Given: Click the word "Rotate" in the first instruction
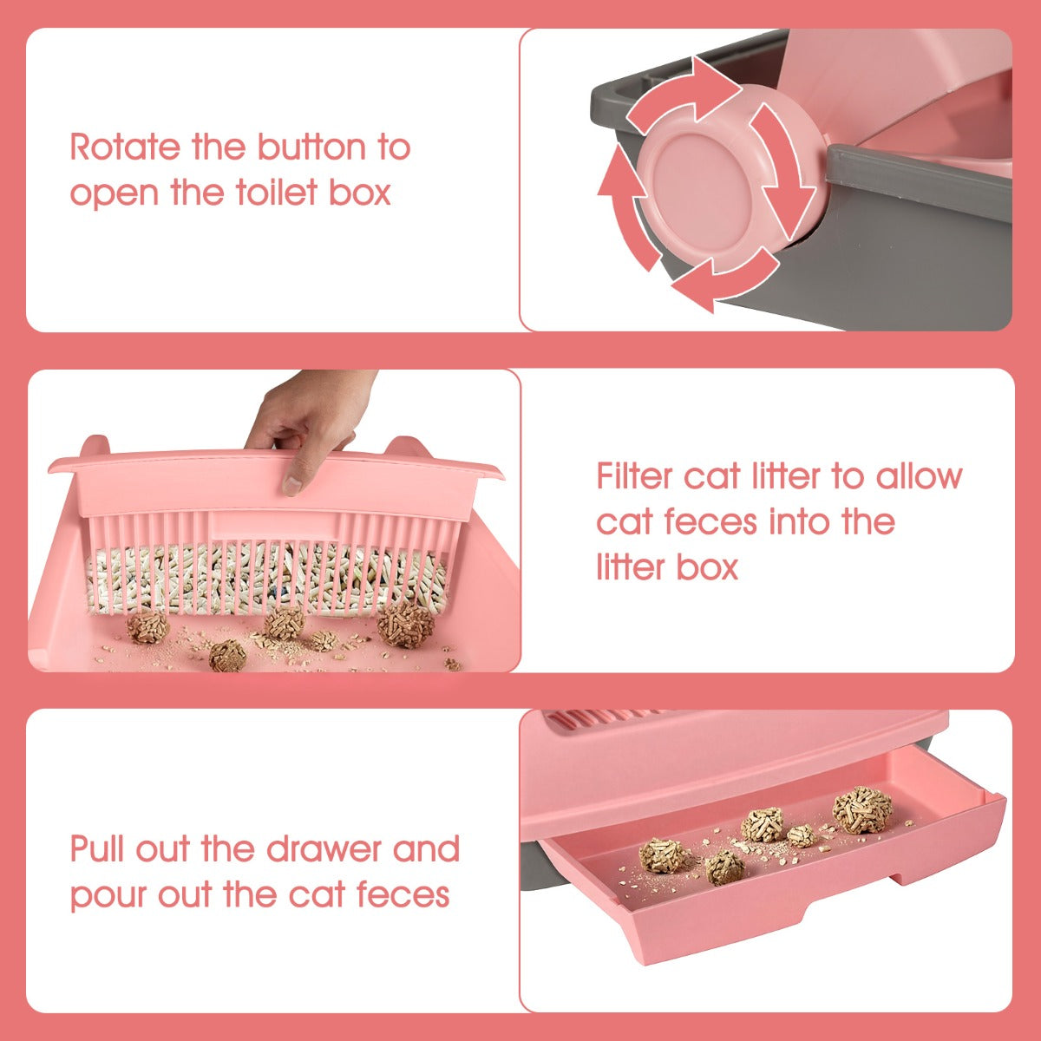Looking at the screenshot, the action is [x=125, y=147].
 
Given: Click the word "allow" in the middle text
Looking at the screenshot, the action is [x=920, y=476].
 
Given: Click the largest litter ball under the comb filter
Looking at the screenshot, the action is [x=405, y=625].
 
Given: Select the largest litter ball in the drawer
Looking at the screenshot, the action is [x=862, y=809].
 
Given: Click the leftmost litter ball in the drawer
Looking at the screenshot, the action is [x=664, y=857].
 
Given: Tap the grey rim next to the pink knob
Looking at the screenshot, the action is [x=919, y=184].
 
